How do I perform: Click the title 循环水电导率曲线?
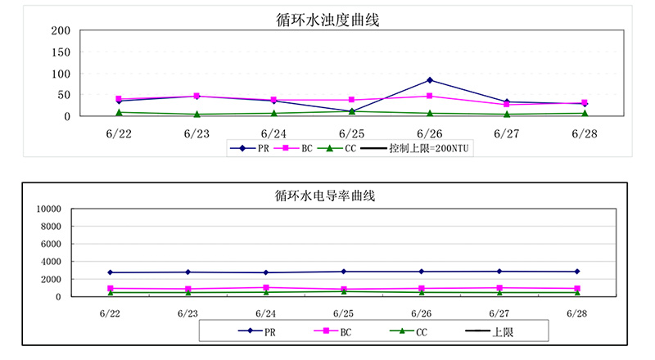326,196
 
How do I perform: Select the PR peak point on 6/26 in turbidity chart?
430,80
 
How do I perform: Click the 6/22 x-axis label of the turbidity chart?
119,133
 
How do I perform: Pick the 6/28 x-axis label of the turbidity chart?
585,133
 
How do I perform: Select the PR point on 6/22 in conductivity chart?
111,272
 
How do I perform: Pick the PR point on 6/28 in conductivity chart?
576,272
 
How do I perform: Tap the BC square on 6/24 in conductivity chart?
266,288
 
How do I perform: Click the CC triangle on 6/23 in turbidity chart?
196,115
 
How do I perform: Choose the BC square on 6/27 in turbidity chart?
507,105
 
